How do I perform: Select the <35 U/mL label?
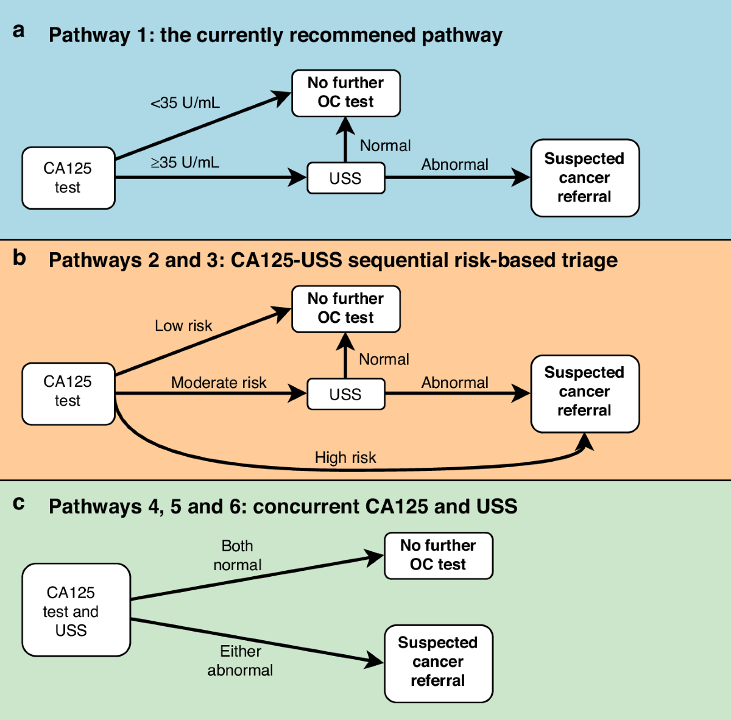click(185, 103)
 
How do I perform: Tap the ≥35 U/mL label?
click(185, 163)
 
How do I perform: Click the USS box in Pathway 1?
click(345, 178)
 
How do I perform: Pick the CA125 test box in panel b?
click(68, 394)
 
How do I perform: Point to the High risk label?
click(345, 457)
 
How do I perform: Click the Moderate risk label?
click(219, 383)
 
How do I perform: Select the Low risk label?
click(183, 326)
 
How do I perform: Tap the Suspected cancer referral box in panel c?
click(438, 663)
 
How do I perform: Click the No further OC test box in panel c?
click(438, 555)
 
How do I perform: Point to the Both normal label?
click(238, 556)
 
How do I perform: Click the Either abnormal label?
click(240, 661)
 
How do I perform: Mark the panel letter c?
click(19, 503)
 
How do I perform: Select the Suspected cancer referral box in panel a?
click(585, 178)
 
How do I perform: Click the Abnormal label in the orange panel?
click(455, 383)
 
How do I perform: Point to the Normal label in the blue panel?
click(385, 146)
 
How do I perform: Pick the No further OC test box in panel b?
click(345, 308)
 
